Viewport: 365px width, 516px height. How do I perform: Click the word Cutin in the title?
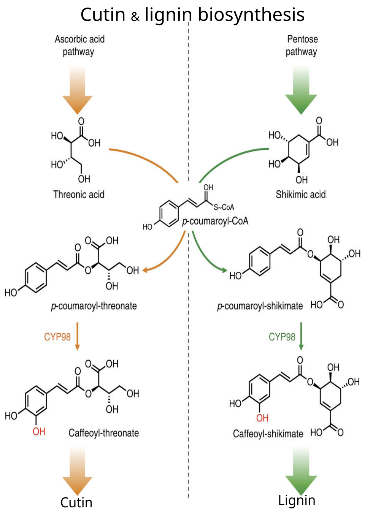tap(103, 15)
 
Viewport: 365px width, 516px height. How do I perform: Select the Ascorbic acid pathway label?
tap(79, 45)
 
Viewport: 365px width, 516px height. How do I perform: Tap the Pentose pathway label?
tap(302, 45)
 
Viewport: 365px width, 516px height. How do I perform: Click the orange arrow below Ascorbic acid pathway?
tap(78, 91)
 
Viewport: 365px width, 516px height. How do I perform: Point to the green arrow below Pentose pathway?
tap(301, 91)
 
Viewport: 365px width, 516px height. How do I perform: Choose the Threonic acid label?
tap(79, 195)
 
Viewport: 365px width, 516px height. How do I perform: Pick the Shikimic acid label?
tap(300, 195)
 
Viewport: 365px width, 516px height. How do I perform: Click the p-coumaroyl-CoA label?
tap(215, 221)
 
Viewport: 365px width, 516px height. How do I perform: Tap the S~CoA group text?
tap(224, 207)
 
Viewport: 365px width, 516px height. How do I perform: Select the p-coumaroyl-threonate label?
tap(94, 306)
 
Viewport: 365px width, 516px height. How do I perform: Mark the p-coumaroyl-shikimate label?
tap(260, 306)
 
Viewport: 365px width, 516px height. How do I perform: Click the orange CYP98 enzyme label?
tap(57, 337)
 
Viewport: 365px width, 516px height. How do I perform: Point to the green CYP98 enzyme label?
tap(282, 337)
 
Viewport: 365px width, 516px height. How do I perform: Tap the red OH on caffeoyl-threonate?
tap(39, 432)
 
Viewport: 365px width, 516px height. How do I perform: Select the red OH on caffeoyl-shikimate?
tap(262, 418)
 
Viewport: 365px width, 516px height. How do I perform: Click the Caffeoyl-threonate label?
tap(103, 433)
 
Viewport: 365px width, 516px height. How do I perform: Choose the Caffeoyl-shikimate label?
tap(268, 434)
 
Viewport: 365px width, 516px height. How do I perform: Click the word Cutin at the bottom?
tap(76, 502)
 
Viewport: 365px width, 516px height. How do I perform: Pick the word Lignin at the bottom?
tap(297, 500)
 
